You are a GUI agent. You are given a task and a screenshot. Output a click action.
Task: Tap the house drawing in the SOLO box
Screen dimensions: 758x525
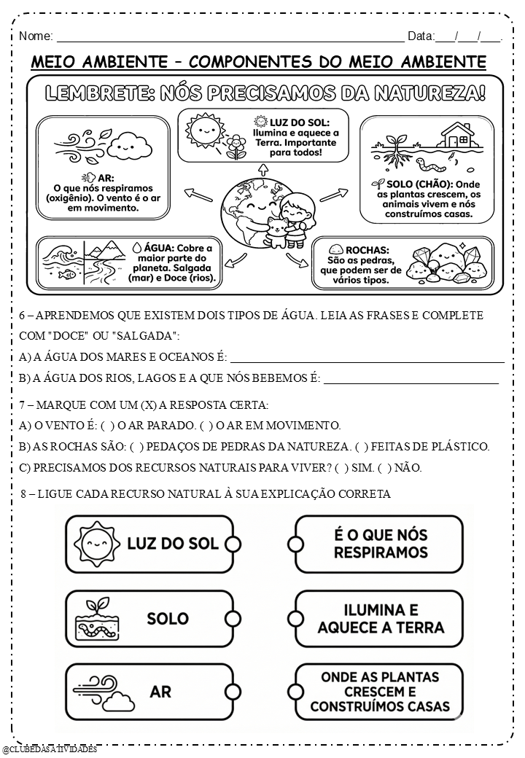(457, 135)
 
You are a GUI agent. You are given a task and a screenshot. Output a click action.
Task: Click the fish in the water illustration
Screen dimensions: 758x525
(67, 275)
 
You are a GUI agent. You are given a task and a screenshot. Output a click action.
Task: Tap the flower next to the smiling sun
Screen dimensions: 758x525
(236, 144)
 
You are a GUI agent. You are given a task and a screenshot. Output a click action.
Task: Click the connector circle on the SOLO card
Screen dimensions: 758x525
(233, 618)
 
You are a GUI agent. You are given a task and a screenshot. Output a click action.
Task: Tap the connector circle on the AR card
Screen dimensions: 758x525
(233, 691)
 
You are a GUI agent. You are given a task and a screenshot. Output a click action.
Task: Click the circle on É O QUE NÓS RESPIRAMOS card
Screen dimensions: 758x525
(295, 544)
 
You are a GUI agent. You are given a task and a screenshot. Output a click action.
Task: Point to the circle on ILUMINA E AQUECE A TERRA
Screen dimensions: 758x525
(295, 618)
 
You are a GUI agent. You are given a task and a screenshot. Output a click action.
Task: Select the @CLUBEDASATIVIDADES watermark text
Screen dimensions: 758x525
(50, 749)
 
